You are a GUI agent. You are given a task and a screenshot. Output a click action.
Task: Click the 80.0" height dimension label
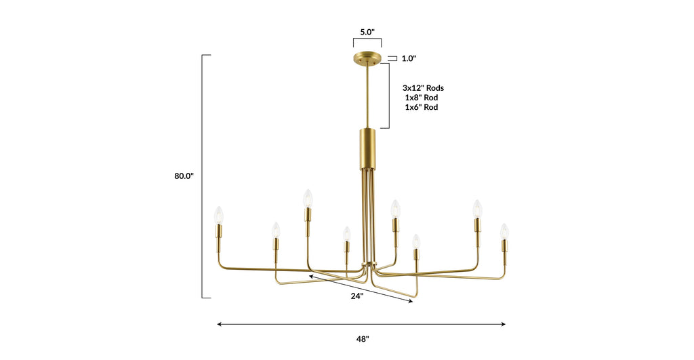pos(184,176)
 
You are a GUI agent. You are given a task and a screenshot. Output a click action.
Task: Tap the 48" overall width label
pos(363,339)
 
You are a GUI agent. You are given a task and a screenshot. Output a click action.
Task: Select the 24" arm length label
pos(356,296)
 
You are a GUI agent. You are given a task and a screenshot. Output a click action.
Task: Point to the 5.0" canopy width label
pos(367,32)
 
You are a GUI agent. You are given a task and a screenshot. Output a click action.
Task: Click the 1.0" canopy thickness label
pos(409,59)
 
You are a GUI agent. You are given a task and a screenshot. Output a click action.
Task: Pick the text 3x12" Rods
pos(423,88)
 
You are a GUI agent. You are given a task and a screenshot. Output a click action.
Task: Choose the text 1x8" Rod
pos(422,98)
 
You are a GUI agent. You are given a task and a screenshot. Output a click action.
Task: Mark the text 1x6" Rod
pos(422,107)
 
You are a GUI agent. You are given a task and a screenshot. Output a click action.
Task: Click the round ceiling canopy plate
pos(367,58)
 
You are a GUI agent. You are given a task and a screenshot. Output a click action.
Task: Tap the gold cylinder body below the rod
pos(367,151)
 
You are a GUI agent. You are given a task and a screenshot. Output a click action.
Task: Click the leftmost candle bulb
pos(219,214)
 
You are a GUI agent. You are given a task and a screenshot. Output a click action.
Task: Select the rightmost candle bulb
pos(504,231)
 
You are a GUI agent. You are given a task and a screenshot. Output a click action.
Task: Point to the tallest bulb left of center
pos(307,198)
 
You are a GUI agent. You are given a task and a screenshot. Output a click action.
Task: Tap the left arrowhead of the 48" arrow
pos(220,325)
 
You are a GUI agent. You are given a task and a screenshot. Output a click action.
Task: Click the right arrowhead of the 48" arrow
pos(503,325)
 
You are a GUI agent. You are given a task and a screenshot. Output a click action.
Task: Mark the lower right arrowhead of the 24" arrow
pos(410,302)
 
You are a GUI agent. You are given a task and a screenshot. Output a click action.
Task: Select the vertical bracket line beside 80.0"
pos(203,176)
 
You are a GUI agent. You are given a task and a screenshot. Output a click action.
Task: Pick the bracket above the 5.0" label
pos(367,42)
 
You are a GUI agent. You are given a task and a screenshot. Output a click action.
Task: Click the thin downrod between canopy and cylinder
pos(367,95)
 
